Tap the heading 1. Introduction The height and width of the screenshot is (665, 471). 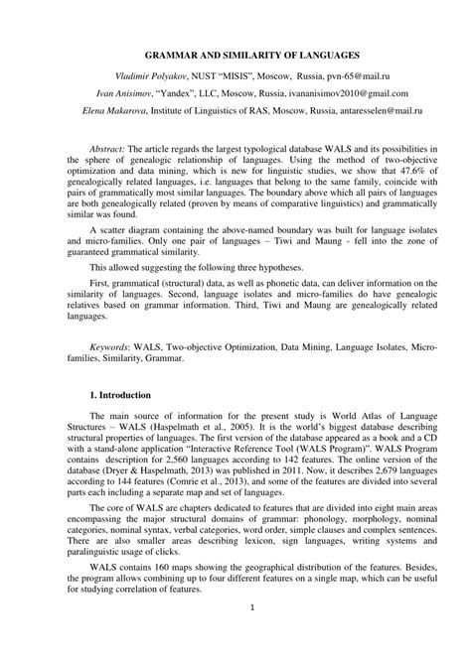click(130, 397)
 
